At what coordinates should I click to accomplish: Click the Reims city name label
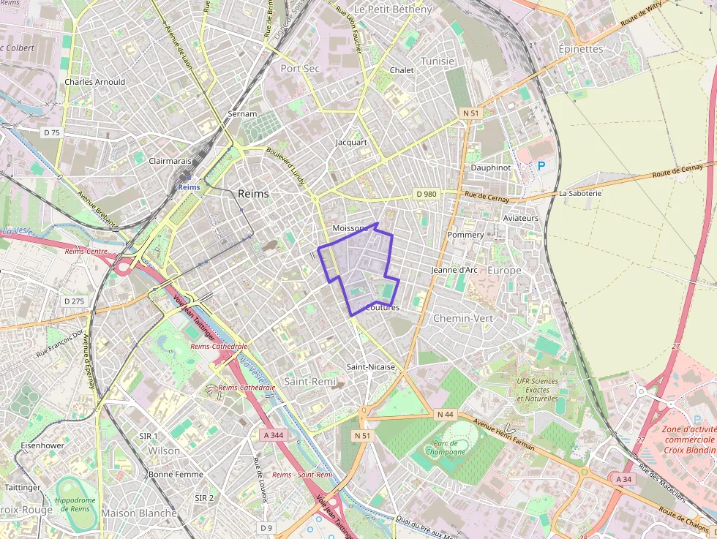(253, 194)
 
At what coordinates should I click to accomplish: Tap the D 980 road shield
(426, 194)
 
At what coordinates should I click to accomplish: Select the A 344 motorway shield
(272, 435)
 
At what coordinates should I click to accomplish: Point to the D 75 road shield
(52, 132)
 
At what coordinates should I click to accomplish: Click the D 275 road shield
(74, 301)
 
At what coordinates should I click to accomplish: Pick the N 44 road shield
(446, 415)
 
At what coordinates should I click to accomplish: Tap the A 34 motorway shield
(623, 479)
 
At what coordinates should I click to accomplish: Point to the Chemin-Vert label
(463, 319)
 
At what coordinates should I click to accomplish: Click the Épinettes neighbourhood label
(580, 49)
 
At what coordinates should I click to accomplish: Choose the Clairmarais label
(170, 160)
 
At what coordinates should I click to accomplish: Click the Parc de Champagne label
(445, 447)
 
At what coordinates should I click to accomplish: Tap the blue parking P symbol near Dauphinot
(541, 166)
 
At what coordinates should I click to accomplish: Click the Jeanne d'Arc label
(454, 270)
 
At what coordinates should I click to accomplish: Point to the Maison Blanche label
(139, 513)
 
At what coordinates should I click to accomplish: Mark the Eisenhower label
(42, 445)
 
